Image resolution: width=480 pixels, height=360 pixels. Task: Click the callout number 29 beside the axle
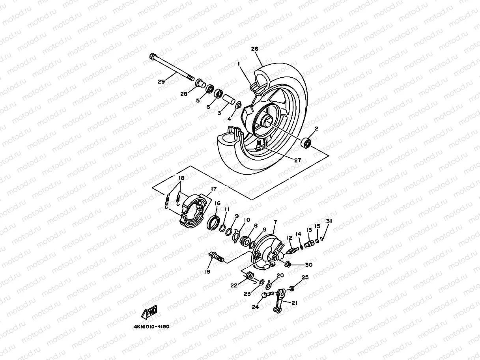[161, 82]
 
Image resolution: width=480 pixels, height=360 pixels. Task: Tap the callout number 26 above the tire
[254, 49]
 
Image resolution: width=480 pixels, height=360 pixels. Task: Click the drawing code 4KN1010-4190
[151, 327]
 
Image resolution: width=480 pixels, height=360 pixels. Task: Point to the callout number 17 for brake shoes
[213, 189]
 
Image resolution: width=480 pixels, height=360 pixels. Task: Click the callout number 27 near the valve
[297, 160]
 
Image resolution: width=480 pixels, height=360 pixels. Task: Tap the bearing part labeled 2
[306, 143]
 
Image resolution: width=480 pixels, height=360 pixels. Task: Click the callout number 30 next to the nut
[308, 265]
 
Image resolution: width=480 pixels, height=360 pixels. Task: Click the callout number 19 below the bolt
[207, 272]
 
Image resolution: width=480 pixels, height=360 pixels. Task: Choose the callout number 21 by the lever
[295, 302]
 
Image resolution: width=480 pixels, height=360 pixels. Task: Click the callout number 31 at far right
[329, 221]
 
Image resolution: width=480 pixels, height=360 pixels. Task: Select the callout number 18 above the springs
[181, 178]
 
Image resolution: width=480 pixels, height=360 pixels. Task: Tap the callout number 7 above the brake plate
[275, 223]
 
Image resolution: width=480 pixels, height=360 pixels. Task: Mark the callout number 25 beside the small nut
[305, 278]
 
